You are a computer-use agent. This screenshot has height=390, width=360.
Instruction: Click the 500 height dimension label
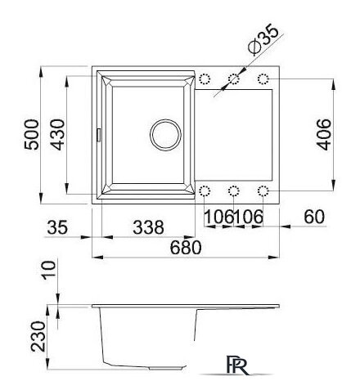32,134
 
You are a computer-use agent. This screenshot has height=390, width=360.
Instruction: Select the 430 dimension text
58,135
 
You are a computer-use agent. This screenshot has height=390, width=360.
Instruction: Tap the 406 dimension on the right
324,135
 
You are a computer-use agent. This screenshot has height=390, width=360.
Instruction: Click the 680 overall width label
186,248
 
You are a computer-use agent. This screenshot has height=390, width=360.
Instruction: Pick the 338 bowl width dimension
149,227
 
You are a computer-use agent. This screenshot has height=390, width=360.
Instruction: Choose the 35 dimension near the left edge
57,227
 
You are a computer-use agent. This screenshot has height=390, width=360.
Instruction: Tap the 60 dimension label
314,217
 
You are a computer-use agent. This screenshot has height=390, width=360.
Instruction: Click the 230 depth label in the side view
38,336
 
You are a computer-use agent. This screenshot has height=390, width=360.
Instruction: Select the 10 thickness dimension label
48,270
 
